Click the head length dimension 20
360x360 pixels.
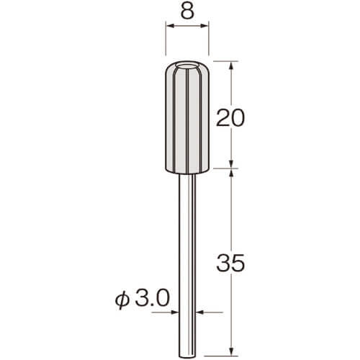230,117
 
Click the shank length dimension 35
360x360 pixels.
230,263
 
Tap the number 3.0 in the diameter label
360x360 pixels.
152,297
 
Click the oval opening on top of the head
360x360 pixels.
187,66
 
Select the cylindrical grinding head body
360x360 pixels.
187,117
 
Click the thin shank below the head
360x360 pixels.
187,265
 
